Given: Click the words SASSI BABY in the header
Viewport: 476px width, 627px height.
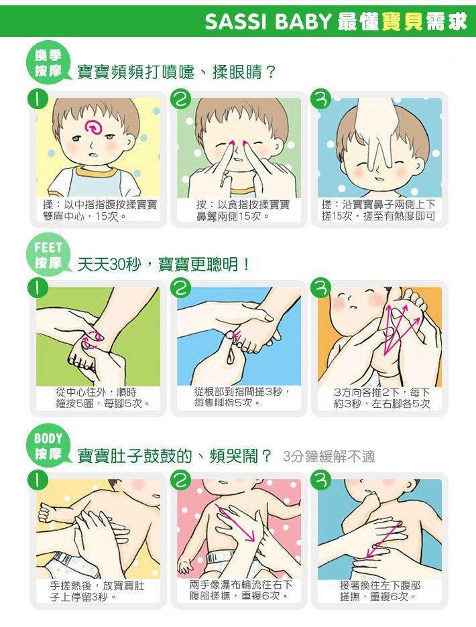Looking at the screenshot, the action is pyautogui.click(x=267, y=21).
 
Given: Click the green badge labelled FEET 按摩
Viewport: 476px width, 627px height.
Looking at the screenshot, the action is pyautogui.click(x=48, y=255).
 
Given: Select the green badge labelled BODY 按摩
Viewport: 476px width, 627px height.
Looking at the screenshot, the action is pyautogui.click(x=48, y=445).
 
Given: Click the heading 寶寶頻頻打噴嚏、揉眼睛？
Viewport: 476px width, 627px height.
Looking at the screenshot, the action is pyautogui.click(x=176, y=72).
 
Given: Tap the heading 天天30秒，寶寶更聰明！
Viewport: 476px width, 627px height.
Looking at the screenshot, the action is pyautogui.click(x=164, y=265).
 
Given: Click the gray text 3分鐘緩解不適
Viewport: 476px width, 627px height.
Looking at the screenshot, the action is pyautogui.click(x=329, y=456).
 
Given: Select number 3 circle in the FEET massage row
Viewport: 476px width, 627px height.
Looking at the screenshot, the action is pyautogui.click(x=320, y=287).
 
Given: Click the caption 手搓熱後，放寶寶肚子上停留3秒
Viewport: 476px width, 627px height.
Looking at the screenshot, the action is pyautogui.click(x=97, y=591).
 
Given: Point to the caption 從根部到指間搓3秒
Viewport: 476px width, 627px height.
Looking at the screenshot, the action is pyautogui.click(x=241, y=391).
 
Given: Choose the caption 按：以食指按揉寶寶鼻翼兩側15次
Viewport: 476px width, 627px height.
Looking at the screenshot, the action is pyautogui.click(x=243, y=210).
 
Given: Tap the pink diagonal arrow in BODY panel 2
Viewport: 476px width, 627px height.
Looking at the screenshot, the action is pyautogui.click(x=236, y=523).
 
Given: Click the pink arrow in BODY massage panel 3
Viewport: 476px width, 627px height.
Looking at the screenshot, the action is pyautogui.click(x=383, y=539).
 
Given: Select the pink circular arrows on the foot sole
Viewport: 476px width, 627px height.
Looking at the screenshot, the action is pyautogui.click(x=92, y=340).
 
